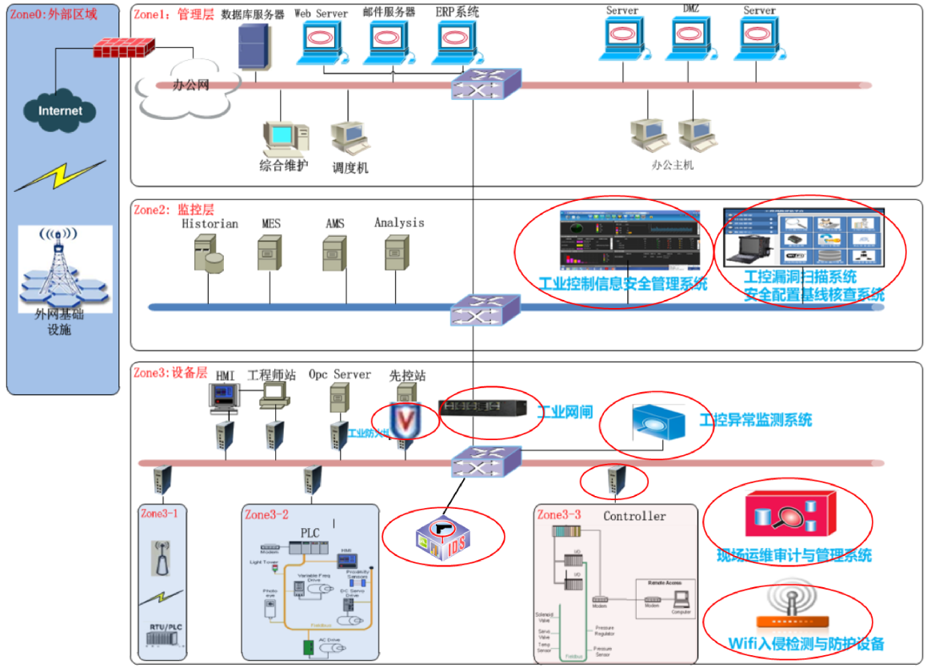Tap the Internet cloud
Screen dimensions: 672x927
[61, 110]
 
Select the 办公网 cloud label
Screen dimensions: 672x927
[191, 86]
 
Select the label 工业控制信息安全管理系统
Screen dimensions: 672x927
[623, 284]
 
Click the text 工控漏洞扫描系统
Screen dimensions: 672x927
[800, 277]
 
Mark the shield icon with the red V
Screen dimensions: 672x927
[406, 418]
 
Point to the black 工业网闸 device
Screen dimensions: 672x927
[482, 408]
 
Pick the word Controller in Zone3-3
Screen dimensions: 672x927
[634, 516]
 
